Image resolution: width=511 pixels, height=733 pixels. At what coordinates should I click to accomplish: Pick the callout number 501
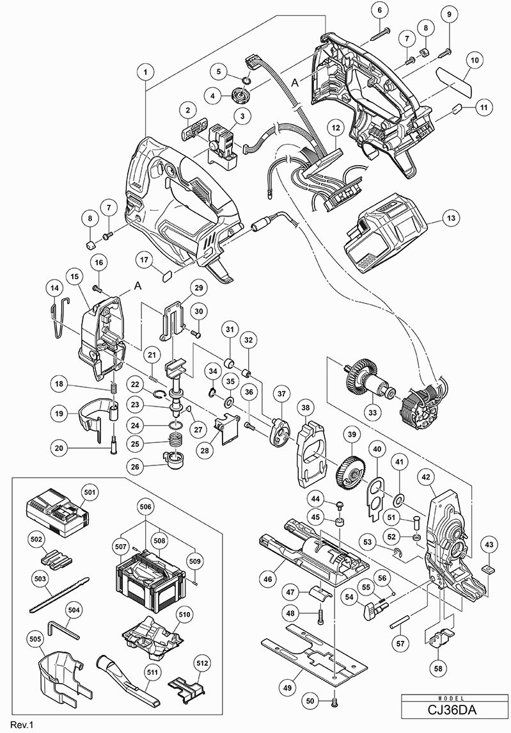tap(89, 492)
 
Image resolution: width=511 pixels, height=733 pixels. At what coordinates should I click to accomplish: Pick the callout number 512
tap(202, 665)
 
